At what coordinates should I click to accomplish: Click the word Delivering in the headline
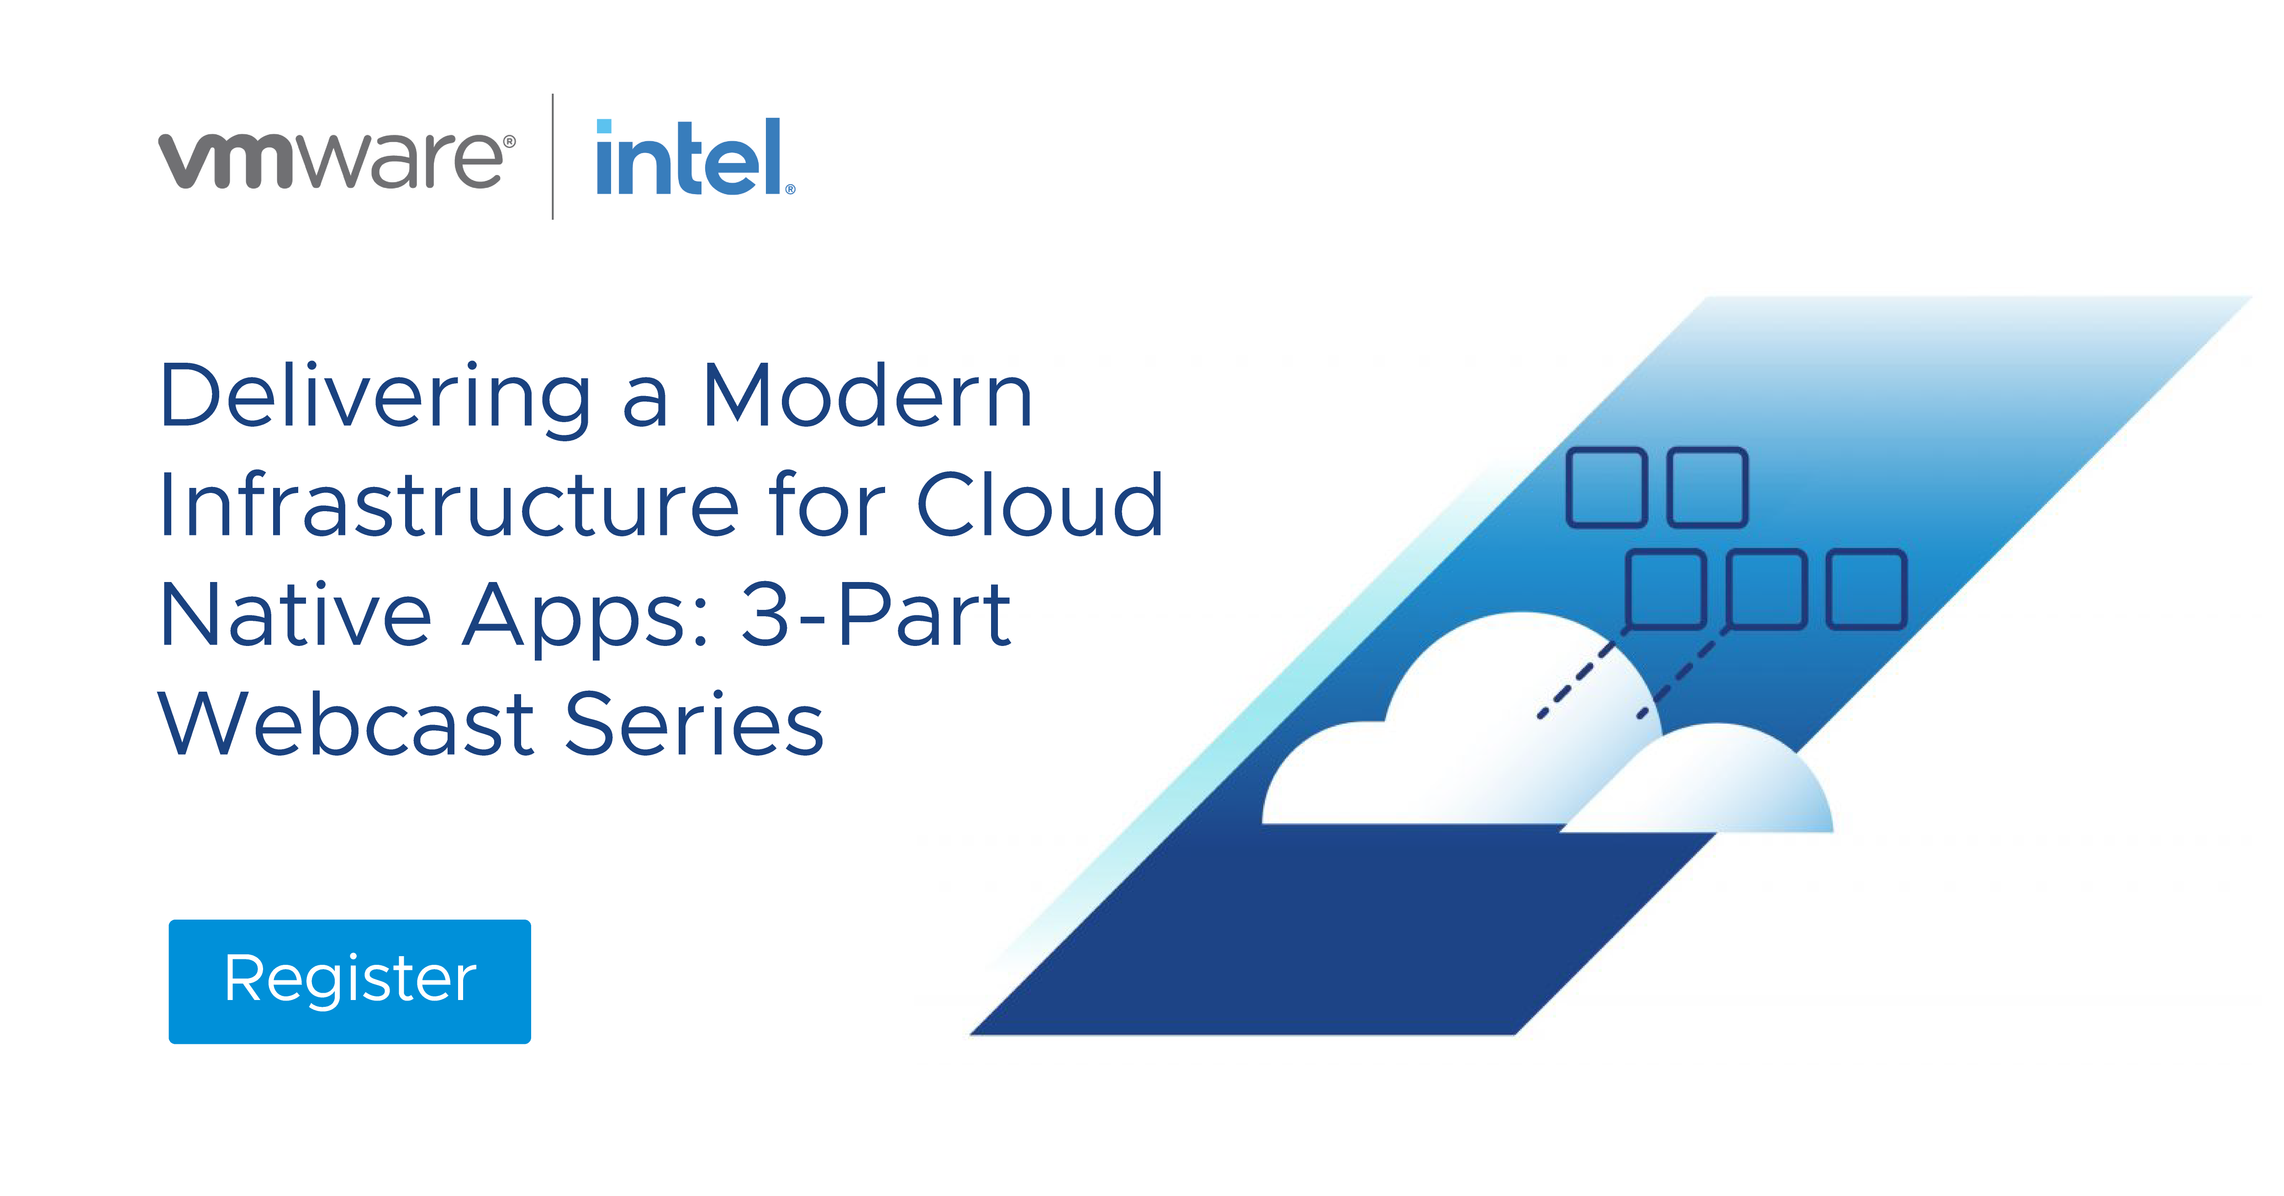(375, 397)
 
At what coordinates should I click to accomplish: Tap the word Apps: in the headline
(586, 618)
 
